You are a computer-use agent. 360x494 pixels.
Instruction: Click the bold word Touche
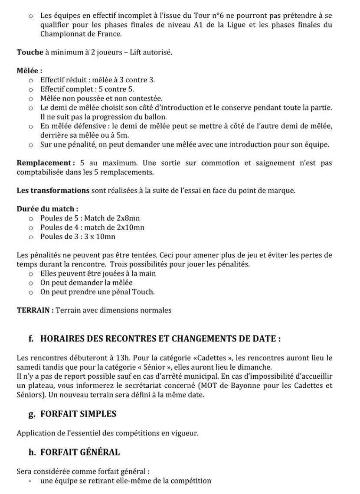pyautogui.click(x=29, y=52)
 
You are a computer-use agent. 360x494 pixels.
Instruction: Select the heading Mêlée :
pyautogui.click(x=29, y=71)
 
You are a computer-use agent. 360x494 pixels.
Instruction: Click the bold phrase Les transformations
pyautogui.click(x=53, y=190)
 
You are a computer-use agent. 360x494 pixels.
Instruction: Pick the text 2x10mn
pyautogui.click(x=131, y=227)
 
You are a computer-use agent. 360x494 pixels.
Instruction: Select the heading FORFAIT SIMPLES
pyautogui.click(x=78, y=414)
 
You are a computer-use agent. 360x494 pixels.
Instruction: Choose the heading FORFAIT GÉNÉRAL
pyautogui.click(x=80, y=452)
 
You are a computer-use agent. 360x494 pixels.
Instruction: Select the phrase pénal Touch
pyautogui.click(x=135, y=292)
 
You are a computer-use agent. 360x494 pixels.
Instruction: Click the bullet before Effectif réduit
pyautogui.click(x=31, y=80)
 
